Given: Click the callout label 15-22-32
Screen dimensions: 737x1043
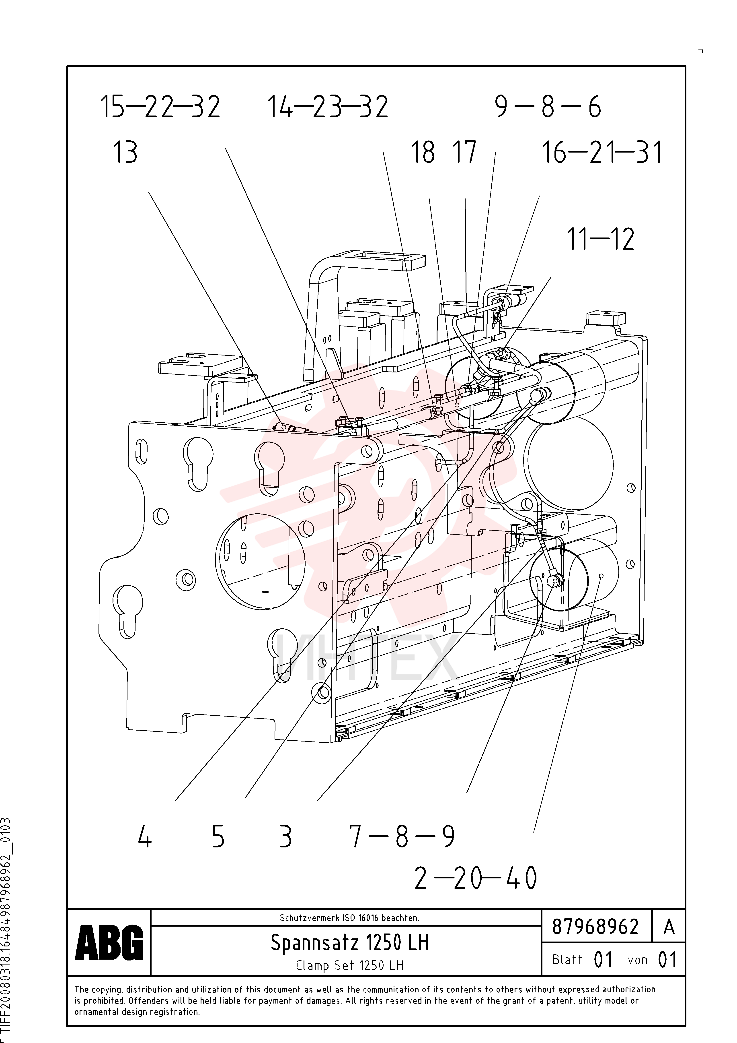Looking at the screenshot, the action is pos(160,107).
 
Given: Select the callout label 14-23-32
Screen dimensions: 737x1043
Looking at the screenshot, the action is pos(328,107).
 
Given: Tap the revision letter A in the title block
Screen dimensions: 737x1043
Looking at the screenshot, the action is pos(669,927).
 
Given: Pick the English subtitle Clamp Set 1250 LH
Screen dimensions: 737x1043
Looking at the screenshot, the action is pos(350,965).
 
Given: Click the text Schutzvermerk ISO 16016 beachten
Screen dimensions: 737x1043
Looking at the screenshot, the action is pos(349,918).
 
